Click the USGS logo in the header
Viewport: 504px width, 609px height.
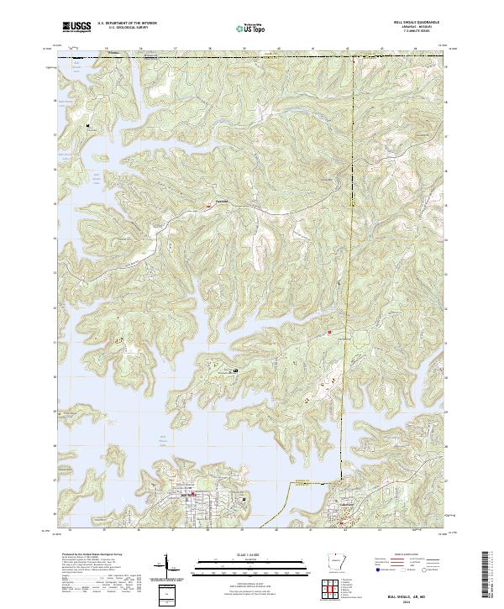pyautogui.click(x=76, y=28)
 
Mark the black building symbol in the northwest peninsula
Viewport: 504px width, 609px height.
pyautogui.click(x=87, y=126)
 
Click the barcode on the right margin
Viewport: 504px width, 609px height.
pyautogui.click(x=488, y=575)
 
